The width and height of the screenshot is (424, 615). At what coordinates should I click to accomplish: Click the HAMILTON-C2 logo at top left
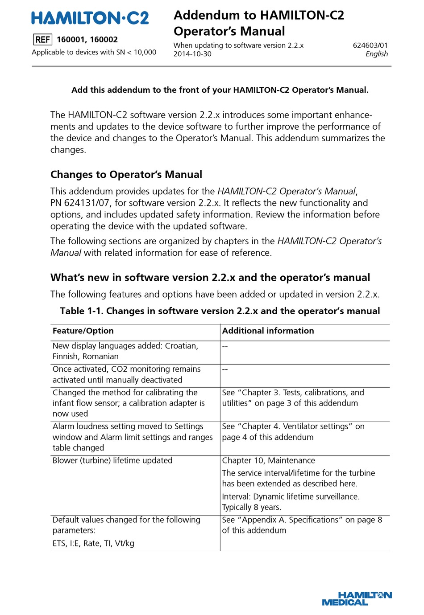coord(90,18)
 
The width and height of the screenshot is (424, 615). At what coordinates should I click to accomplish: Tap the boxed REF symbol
coord(42,40)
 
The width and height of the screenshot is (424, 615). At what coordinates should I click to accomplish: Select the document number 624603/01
coord(370,45)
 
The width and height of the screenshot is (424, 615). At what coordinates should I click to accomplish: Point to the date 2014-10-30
coord(192,54)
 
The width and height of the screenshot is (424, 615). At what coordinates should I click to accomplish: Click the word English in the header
coord(376,54)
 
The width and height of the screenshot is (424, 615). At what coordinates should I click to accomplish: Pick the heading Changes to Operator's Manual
coord(126,175)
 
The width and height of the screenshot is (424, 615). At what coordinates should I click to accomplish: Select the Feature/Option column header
coord(83,331)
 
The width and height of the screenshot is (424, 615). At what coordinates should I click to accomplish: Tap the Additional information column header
coord(268,331)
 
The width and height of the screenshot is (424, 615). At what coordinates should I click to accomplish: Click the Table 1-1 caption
coord(220,311)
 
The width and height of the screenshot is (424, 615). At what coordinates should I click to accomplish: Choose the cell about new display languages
coord(125,351)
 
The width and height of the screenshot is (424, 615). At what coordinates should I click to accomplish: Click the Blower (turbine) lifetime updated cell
coord(112,460)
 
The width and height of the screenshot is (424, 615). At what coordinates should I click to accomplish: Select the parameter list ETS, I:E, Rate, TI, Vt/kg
coord(93,543)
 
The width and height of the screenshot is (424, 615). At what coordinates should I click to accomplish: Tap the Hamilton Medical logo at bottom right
coord(357,599)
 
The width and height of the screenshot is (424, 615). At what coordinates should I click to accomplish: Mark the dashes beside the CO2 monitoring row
coord(225,369)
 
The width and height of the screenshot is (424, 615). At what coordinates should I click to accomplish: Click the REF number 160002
coord(104,40)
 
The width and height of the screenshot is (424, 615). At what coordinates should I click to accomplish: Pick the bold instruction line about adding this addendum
coord(220,90)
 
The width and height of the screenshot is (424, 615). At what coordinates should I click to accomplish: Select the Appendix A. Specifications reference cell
coord(302,525)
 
